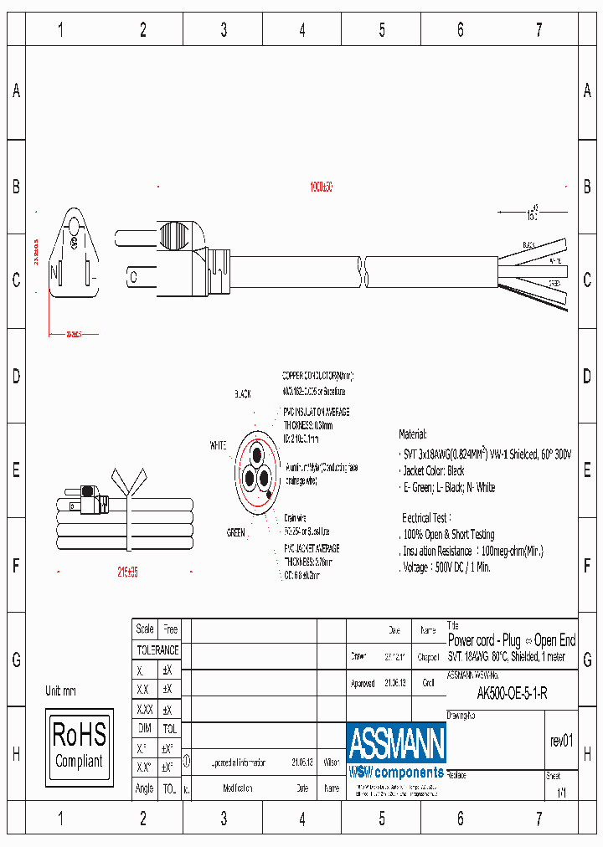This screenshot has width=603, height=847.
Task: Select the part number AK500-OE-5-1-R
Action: click(512, 693)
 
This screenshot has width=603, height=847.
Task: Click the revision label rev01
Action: click(561, 740)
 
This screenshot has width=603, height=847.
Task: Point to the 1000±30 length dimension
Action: click(321, 187)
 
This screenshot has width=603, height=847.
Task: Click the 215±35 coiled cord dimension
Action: click(128, 572)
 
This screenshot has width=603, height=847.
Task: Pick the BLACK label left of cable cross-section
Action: click(242, 393)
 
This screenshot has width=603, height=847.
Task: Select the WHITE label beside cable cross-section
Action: click(218, 446)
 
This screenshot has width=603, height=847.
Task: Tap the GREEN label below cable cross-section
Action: click(236, 532)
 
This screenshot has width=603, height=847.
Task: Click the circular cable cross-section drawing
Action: click(257, 476)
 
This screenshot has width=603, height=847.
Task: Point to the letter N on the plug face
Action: click(54, 272)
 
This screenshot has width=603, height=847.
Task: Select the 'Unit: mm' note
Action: click(61, 691)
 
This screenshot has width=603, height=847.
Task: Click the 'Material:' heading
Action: click(412, 435)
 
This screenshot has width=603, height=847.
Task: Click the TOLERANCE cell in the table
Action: click(157, 649)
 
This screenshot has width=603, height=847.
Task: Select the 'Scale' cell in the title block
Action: click(145, 629)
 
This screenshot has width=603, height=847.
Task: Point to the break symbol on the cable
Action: click(363, 272)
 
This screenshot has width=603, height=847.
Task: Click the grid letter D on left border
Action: click(16, 376)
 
